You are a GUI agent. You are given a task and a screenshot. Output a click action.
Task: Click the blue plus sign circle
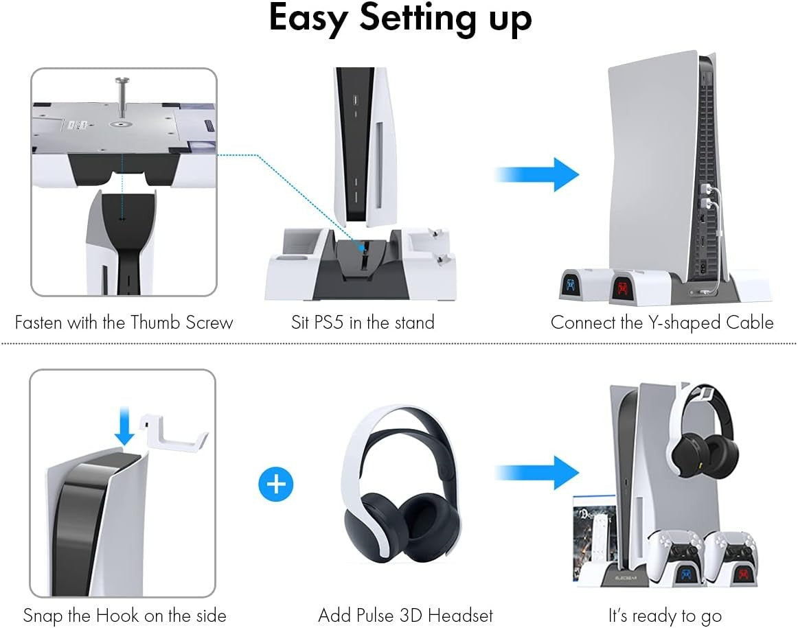pyautogui.click(x=275, y=485)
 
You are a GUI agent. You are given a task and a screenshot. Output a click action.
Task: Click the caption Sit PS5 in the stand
pyautogui.click(x=363, y=323)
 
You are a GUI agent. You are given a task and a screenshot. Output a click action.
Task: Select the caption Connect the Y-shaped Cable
pyautogui.click(x=661, y=323)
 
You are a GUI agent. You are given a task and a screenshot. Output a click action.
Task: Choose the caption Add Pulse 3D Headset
pyautogui.click(x=405, y=615)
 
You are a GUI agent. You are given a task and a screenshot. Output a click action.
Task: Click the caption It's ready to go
pyautogui.click(x=665, y=615)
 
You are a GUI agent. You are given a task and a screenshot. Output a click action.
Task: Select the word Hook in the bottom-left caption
pyautogui.click(x=138, y=615)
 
